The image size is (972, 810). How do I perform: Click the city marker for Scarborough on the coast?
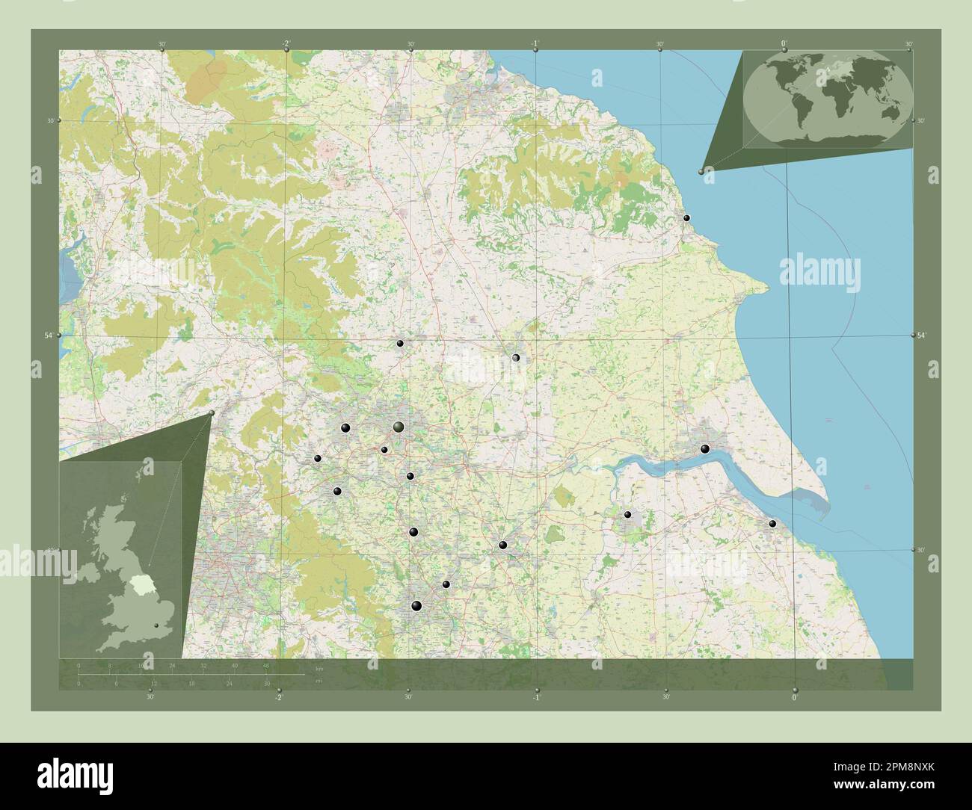point(686,218)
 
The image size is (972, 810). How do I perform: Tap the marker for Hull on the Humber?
point(704,449)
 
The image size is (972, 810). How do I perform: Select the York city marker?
point(515,358)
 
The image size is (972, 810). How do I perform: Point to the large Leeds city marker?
point(399,427)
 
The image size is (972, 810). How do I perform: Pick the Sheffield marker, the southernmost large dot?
point(416,605)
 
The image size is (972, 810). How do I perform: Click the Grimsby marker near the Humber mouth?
point(772,524)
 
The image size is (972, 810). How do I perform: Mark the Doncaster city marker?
point(503,545)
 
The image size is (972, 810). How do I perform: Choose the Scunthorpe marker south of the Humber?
point(627,514)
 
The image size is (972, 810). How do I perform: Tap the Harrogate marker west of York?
point(400,343)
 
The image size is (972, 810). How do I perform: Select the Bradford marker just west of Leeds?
point(345,427)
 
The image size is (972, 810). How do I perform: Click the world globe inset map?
point(828,93)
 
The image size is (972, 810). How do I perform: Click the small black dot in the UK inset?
point(156,626)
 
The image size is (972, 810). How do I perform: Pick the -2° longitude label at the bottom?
point(278,697)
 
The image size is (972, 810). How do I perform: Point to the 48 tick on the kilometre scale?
point(265,665)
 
